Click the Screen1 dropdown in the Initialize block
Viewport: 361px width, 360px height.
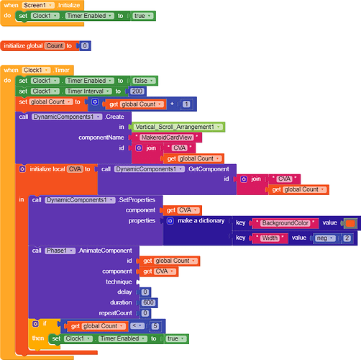click(38, 5)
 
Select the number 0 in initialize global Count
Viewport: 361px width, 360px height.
click(85, 45)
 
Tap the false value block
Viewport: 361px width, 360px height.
click(144, 81)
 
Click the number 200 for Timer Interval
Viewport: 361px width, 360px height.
click(137, 91)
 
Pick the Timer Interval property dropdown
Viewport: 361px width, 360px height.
click(88, 91)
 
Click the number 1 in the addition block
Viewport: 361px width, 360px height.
click(186, 104)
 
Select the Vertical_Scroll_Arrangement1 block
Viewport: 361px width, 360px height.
click(177, 127)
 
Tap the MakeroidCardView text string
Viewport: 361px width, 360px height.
click(167, 138)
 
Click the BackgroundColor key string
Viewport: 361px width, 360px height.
click(285, 223)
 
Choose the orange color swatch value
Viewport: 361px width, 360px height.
click(350, 223)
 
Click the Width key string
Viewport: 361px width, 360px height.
click(270, 238)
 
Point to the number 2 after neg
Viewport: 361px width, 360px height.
click(347, 238)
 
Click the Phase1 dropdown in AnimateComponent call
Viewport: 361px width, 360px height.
click(60, 251)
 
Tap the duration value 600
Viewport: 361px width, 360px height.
click(149, 302)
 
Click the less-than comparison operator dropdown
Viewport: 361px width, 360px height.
click(137, 325)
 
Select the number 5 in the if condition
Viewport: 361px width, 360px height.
click(155, 326)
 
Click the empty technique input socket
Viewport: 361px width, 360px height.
click(138, 282)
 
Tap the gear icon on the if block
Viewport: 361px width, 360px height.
click(35, 324)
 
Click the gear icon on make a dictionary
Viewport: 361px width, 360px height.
click(170, 221)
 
